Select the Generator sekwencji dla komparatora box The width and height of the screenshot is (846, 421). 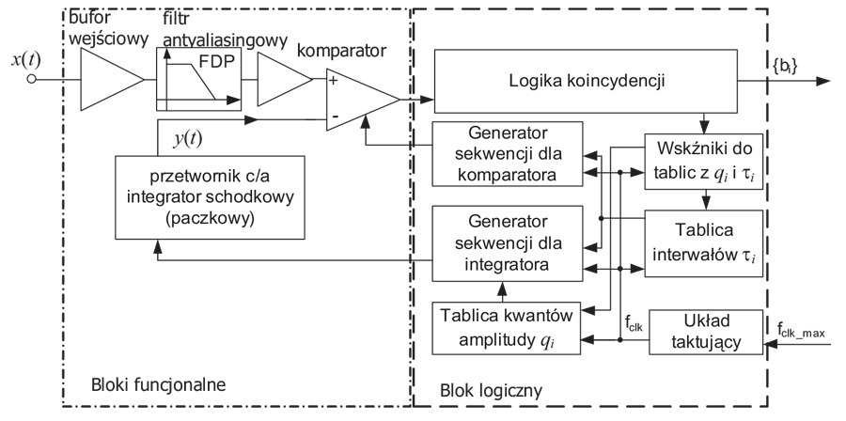pyautogui.click(x=507, y=151)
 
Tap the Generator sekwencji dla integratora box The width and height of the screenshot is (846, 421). pyautogui.click(x=507, y=242)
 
